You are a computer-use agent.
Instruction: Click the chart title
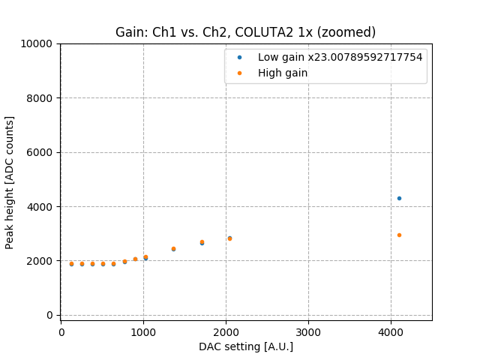[245, 32]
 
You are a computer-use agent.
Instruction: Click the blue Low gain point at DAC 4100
[399, 198]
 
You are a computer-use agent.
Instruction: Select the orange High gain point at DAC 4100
[399, 235]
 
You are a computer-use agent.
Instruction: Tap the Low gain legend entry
[340, 57]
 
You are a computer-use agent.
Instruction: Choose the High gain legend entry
[283, 73]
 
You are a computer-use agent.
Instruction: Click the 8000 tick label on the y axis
[40, 98]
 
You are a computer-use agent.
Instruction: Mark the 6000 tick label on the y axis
[40, 152]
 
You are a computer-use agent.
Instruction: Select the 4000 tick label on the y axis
[40, 207]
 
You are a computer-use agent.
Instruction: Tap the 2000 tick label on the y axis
[40, 261]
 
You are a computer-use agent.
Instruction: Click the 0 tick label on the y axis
[49, 315]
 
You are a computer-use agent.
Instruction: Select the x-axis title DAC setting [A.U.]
[245, 346]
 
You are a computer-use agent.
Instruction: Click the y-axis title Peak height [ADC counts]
[10, 182]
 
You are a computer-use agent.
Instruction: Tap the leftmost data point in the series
[71, 264]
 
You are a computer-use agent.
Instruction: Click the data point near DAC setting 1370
[173, 249]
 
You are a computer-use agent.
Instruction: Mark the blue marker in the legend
[239, 57]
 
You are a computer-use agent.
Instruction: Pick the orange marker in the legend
[239, 73]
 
